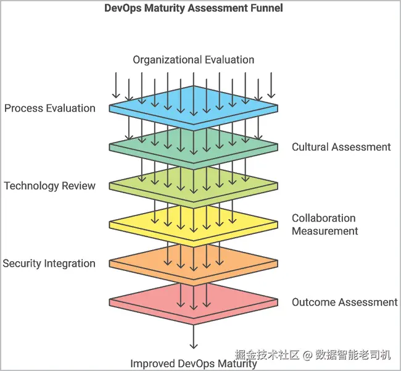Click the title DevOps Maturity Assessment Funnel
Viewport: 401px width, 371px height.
pyautogui.click(x=194, y=7)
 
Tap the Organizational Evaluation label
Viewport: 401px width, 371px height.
pyautogui.click(x=193, y=60)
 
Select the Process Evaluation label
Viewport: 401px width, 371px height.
pyautogui.click(x=50, y=108)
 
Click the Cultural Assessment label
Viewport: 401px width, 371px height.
pyautogui.click(x=341, y=147)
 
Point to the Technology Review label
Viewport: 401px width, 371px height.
pyautogui.click(x=49, y=186)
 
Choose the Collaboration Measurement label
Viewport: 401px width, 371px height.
pyautogui.click(x=325, y=225)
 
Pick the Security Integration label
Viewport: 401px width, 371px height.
pyautogui.click(x=49, y=264)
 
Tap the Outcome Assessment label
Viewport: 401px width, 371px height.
pyautogui.click(x=345, y=302)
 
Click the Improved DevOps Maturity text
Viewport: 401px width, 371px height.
pyautogui.click(x=193, y=364)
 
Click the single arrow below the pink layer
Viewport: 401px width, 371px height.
pyautogui.click(x=194, y=336)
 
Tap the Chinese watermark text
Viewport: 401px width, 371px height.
pyautogui.click(x=313, y=355)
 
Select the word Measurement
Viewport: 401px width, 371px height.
pyautogui.click(x=325, y=231)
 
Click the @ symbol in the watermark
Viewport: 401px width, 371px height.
pyautogui.click(x=307, y=355)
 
